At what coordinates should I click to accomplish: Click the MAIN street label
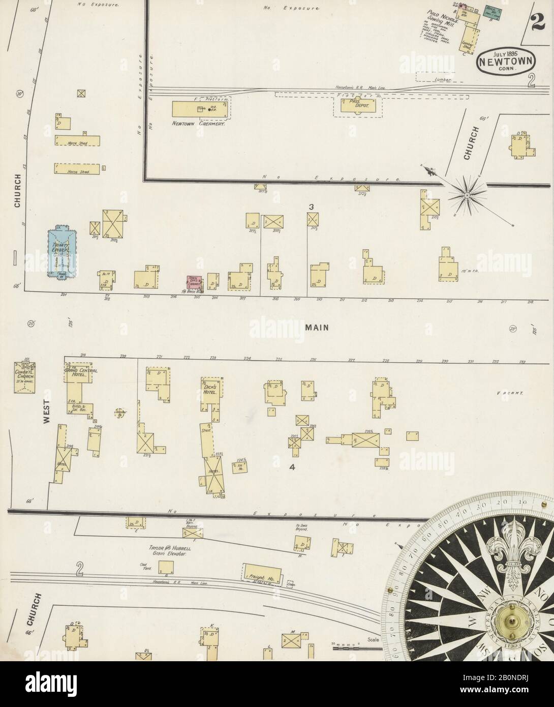[x=317, y=328]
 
